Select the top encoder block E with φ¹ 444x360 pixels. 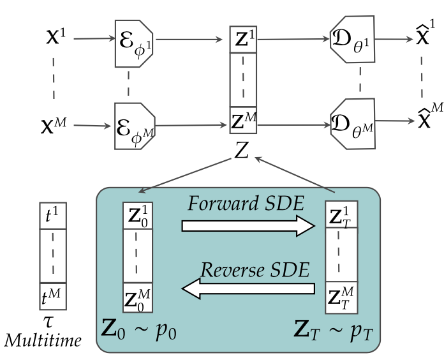point(134,42)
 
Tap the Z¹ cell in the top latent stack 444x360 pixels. point(243,40)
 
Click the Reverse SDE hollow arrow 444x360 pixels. point(249,289)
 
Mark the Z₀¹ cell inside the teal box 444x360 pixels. point(139,215)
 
